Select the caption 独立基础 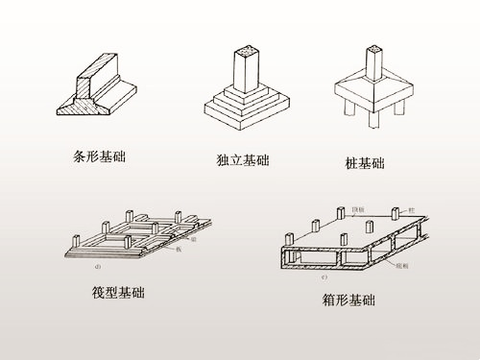242,159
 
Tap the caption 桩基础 365,164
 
